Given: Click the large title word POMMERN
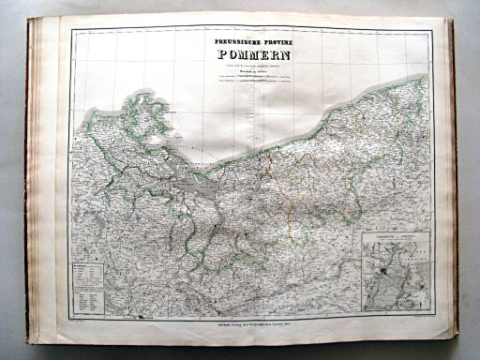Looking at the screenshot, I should (250, 54).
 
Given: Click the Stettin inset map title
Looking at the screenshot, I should (395, 238).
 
